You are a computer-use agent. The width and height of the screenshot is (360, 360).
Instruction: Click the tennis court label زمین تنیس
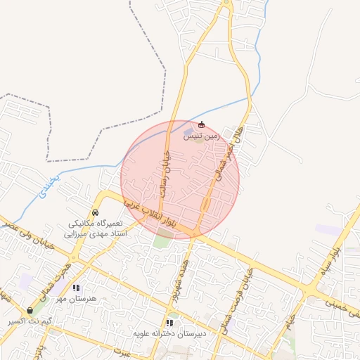pos(202,136)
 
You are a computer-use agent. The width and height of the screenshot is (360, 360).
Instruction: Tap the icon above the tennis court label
pos(202,125)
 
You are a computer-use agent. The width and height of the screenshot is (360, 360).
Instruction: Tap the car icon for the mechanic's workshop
pos(96,213)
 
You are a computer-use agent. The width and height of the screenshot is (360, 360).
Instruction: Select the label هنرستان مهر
pos(85,298)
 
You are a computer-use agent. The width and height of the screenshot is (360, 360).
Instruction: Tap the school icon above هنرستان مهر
pos(77,288)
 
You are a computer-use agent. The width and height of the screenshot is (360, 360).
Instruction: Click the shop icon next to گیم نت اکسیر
pos(30,310)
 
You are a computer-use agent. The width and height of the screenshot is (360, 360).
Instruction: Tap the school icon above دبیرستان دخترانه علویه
pos(169,323)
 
